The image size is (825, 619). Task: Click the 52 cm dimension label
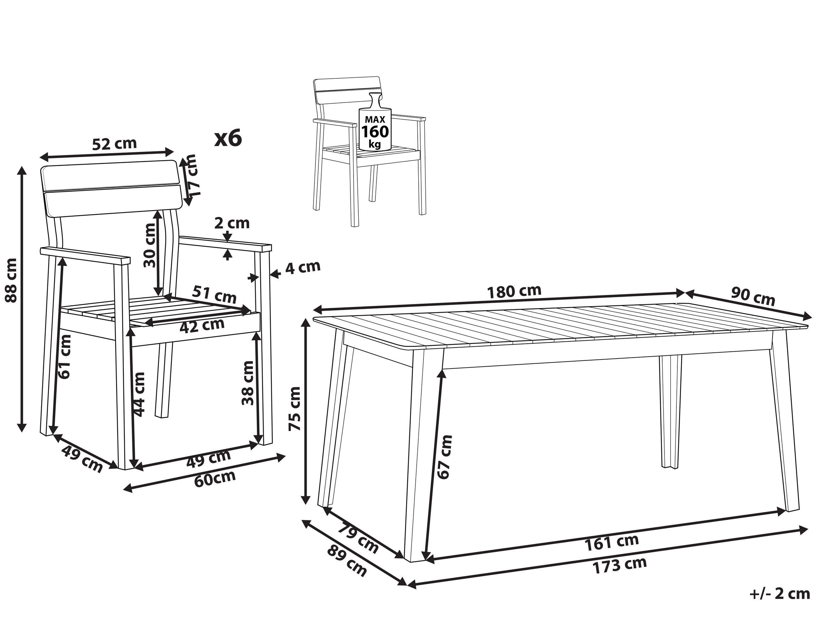(114, 144)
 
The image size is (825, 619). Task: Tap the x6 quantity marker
(228, 138)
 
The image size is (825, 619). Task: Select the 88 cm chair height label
(11, 280)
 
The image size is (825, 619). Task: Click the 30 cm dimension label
(150, 245)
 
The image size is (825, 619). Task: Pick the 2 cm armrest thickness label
(232, 223)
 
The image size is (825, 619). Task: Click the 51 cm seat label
(214, 295)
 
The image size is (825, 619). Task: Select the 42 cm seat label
(202, 326)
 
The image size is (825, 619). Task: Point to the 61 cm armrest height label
(64, 357)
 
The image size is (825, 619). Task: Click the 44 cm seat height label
(139, 394)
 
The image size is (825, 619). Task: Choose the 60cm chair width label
(215, 477)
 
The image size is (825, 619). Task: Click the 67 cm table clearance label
(445, 457)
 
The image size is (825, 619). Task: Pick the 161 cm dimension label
(612, 543)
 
